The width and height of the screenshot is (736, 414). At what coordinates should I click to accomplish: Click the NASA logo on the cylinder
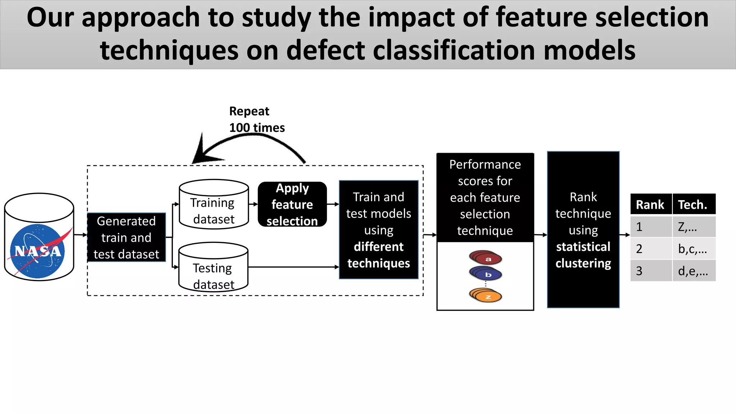(x=38, y=251)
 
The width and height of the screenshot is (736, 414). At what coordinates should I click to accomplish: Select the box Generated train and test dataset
(x=126, y=237)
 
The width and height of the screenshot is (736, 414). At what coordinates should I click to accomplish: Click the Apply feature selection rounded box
(x=292, y=204)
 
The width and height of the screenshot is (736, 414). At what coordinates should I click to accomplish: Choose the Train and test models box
(x=378, y=230)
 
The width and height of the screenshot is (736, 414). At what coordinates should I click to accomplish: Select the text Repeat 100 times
(x=257, y=119)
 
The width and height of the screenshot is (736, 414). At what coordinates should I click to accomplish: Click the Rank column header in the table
(x=650, y=204)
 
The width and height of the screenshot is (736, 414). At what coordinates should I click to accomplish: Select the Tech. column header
(x=693, y=204)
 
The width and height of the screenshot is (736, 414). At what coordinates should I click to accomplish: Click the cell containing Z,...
(x=693, y=227)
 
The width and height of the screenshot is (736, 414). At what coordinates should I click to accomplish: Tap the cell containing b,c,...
(x=693, y=249)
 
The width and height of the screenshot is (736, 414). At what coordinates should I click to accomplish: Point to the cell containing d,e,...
(x=693, y=271)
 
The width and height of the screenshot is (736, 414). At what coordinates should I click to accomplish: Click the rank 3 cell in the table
(x=650, y=271)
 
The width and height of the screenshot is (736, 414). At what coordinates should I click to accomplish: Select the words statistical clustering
(x=583, y=255)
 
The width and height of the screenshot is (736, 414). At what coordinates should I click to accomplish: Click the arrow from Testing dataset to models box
(x=293, y=267)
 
